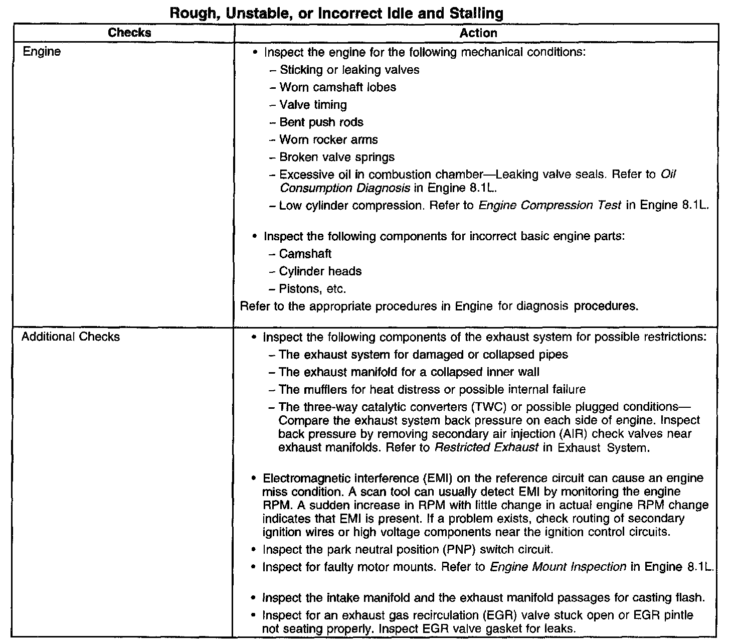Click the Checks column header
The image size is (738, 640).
coord(129,33)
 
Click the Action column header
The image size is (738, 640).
coord(478,33)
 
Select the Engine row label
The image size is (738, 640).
coord(42,52)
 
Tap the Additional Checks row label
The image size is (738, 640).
coord(71,337)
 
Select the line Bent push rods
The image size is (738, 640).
coord(321,122)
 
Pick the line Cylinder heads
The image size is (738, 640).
coord(320,271)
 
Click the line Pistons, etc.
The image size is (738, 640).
coord(312,289)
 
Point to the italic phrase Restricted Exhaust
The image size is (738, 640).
coord(486,447)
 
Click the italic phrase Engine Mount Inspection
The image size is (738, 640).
coord(558,567)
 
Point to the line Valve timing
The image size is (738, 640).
coord(313,105)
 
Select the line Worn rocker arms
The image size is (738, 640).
coord(328,140)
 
